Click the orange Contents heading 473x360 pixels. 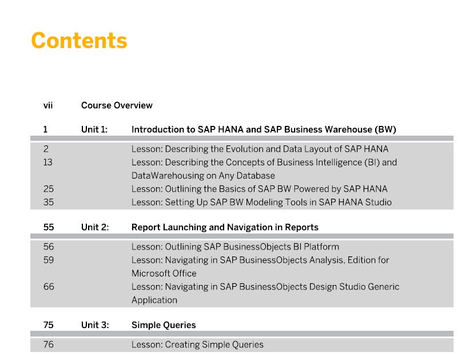pos(80,41)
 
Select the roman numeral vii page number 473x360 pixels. pos(48,105)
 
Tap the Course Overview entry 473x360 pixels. pos(117,105)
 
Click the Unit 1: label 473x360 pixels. pos(94,129)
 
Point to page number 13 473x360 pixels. pos(47,163)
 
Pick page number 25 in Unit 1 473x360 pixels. pos(48,189)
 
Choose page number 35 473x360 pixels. pos(48,202)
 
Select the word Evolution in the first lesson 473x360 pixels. pos(244,149)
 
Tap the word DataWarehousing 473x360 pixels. pos(168,176)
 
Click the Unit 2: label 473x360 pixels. pos(95,227)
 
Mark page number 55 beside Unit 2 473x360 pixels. pos(49,227)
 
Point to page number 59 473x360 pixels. pos(49,260)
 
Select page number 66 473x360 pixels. pos(49,287)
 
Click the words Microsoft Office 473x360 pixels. pos(164,274)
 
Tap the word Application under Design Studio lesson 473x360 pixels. pos(154,300)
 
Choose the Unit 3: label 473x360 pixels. pos(95,325)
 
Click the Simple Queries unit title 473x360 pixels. pos(164,325)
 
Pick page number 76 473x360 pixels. pos(48,345)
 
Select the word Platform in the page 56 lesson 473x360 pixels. pos(321,247)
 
